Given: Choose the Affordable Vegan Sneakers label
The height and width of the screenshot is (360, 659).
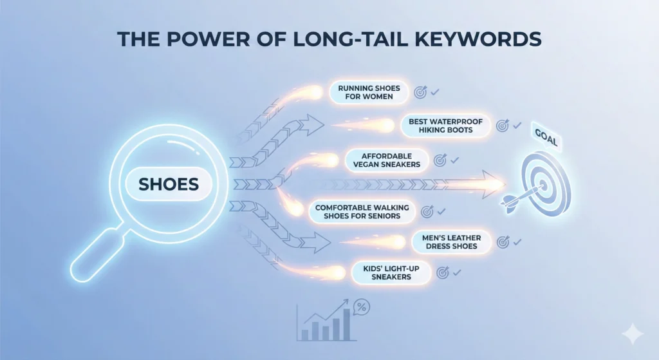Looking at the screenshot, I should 386,160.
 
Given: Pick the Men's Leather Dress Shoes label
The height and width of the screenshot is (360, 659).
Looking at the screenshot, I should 450,242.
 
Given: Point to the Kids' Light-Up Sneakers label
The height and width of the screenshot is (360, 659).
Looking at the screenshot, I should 391,272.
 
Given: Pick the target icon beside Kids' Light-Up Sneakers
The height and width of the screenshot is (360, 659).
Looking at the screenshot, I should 442,272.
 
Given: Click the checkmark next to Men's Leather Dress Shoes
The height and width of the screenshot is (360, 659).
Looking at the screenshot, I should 517,242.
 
